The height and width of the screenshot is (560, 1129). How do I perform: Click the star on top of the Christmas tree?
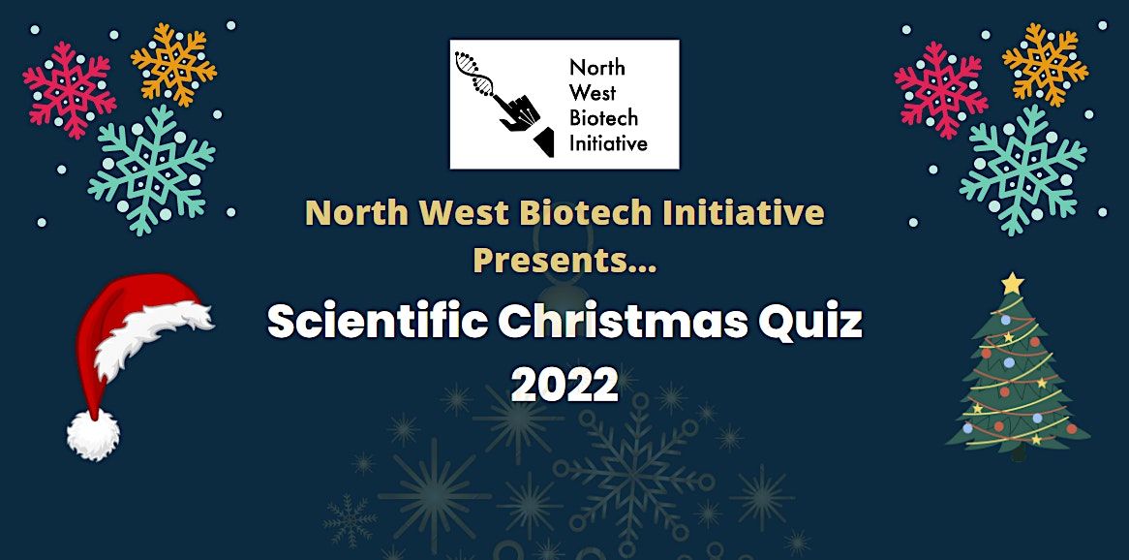pyautogui.click(x=1012, y=283)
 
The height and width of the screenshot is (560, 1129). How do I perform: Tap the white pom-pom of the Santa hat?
pyautogui.click(x=93, y=434)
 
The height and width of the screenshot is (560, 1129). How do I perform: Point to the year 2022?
pyautogui.click(x=564, y=385)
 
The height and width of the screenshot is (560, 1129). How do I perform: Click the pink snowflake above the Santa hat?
pyautogui.click(x=69, y=89)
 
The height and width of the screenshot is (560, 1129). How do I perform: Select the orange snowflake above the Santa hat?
pyautogui.click(x=174, y=63)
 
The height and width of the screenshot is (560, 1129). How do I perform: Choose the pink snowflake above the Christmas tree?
pyautogui.click(x=940, y=89)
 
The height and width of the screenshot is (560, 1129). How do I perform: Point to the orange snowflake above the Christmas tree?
pyautogui.click(x=1046, y=63)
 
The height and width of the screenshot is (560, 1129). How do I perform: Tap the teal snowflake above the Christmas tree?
pyautogui.click(x=1023, y=170)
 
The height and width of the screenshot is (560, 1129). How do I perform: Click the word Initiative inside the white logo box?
pyautogui.click(x=608, y=144)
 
